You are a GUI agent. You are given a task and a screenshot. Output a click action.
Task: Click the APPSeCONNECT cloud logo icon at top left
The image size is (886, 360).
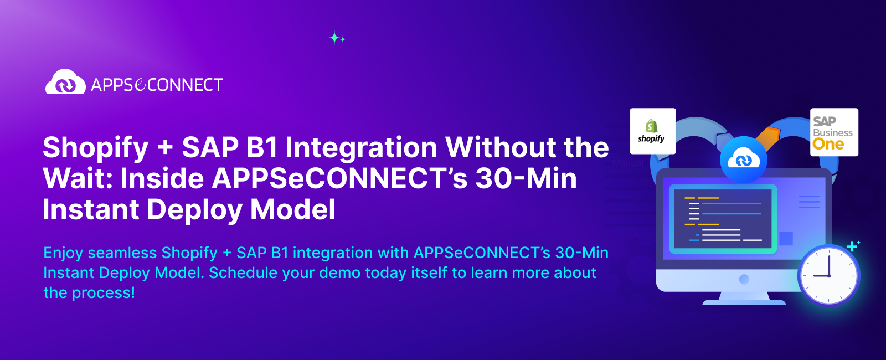(x=65, y=83)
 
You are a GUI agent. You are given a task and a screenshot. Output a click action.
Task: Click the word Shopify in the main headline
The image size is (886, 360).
(x=96, y=148)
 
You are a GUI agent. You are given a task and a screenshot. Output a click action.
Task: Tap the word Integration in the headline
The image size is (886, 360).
(x=361, y=147)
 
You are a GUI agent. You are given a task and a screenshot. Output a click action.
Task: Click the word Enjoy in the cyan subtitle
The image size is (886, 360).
(x=63, y=253)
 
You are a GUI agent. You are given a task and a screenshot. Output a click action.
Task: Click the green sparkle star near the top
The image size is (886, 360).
(x=335, y=38)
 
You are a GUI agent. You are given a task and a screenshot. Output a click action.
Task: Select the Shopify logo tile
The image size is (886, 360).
(x=652, y=131)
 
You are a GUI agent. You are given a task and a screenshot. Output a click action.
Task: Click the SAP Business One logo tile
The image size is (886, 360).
(x=833, y=132)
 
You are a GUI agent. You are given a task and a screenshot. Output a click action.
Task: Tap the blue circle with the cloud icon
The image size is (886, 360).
(x=743, y=160)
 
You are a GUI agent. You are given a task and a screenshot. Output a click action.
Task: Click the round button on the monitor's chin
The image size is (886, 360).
(x=744, y=279)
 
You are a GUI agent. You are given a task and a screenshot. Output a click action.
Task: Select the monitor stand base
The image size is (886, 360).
(x=744, y=302)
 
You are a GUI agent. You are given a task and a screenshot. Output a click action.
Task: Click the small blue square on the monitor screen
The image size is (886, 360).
(x=786, y=239)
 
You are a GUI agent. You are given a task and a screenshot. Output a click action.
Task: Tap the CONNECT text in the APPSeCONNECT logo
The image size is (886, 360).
(x=185, y=85)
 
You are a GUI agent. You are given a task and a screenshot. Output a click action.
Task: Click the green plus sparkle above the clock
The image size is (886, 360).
(x=852, y=246)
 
